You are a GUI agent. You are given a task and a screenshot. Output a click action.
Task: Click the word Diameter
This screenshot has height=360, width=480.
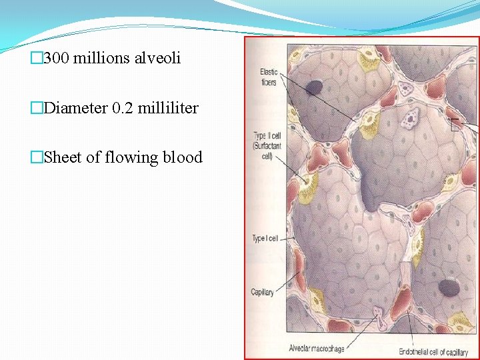tap(73, 108)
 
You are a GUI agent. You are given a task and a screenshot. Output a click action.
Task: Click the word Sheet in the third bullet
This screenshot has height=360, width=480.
tap(62, 157)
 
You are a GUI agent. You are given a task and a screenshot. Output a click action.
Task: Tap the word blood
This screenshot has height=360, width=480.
tap(183, 157)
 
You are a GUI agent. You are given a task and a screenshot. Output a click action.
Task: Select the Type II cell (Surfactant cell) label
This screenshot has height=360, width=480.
tap(267, 147)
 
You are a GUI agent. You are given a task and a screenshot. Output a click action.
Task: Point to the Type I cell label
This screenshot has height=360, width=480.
tap(265, 239)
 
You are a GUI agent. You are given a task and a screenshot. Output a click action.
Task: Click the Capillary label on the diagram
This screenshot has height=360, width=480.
tap(262, 293)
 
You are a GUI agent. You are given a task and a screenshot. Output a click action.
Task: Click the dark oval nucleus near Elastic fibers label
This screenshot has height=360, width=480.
tap(314, 87)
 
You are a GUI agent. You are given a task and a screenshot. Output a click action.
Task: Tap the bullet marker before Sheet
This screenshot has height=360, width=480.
tap(37, 158)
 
